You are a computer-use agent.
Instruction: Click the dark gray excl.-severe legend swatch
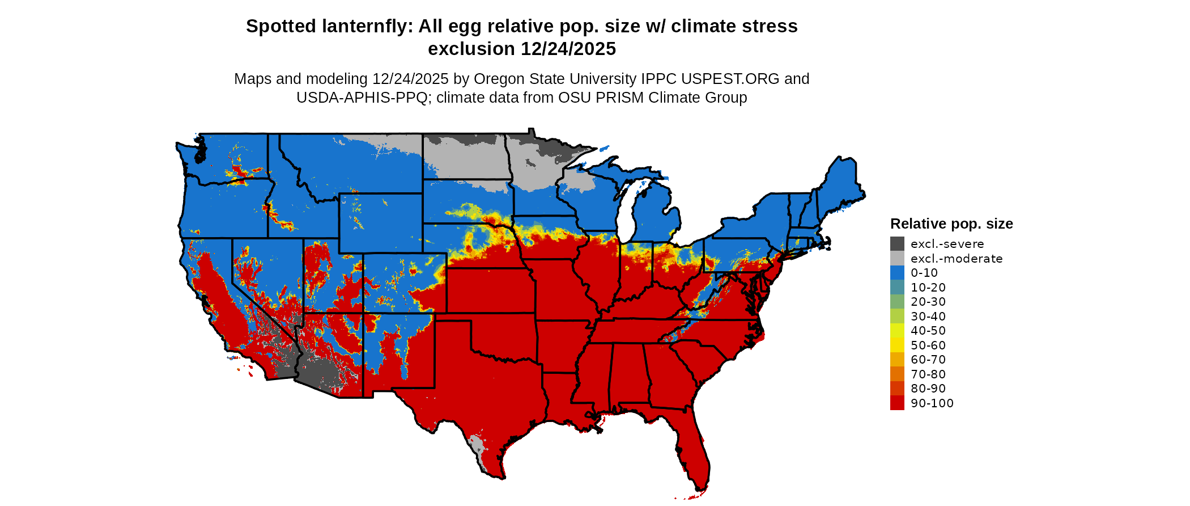[x=897, y=244]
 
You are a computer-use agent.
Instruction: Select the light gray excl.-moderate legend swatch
[x=897, y=259]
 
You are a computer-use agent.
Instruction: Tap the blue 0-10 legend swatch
[x=897, y=273]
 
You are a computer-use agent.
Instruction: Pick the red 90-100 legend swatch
[x=897, y=403]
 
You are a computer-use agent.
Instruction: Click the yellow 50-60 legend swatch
[x=897, y=345]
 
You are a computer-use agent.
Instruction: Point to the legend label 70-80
[x=928, y=374]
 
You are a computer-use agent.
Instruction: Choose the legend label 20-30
[x=928, y=302]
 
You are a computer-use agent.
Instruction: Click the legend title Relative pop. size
[x=951, y=224]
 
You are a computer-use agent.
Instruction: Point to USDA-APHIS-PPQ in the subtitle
[x=362, y=98]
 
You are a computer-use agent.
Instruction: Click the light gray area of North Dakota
[x=465, y=162]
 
